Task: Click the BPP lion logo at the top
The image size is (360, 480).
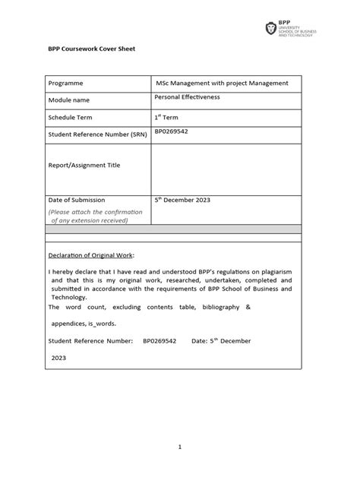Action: pos(271,29)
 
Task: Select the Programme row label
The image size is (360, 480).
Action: pos(65,83)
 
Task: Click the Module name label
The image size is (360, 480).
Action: pos(69,100)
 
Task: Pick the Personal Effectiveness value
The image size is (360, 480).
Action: pos(186,97)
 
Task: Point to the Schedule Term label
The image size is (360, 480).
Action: pos(71,118)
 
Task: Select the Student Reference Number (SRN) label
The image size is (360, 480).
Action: pos(97,134)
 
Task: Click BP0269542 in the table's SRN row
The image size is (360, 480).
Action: pos(171,131)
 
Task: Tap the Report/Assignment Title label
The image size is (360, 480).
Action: pos(84,165)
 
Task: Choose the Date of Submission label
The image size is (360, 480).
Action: pos(77,200)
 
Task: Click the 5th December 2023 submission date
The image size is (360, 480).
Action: pos(182,200)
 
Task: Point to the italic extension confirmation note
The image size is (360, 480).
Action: pos(95,216)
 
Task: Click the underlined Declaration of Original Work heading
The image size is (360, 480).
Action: pos(95,256)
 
